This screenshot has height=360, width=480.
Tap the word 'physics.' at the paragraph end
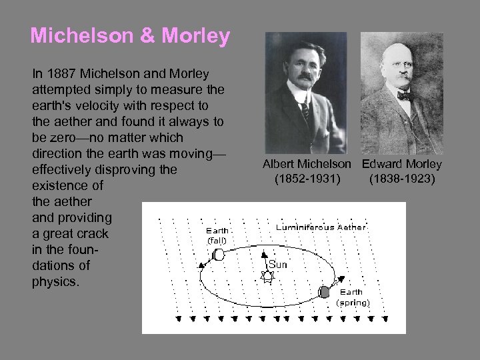(x=55, y=281)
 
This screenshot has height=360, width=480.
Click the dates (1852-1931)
(x=307, y=179)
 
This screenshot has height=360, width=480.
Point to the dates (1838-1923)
(x=402, y=179)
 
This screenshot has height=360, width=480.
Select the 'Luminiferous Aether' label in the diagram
(x=321, y=227)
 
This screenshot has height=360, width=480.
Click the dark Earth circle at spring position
(x=325, y=291)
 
